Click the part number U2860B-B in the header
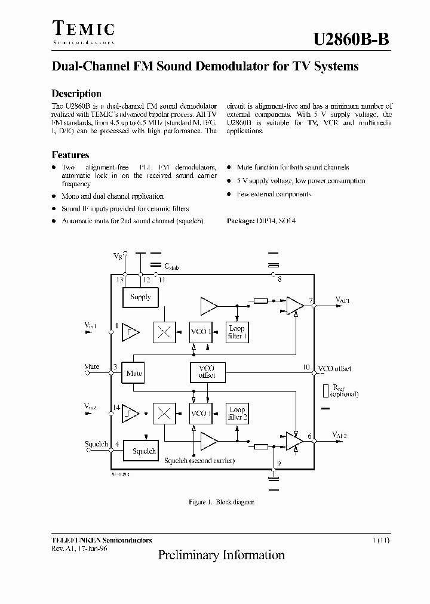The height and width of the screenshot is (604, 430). [x=351, y=39]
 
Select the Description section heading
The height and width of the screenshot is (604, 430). [x=76, y=94]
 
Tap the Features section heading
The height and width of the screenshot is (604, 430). [x=70, y=155]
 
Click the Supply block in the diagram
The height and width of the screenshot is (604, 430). [x=140, y=297]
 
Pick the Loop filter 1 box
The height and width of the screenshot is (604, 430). [x=236, y=332]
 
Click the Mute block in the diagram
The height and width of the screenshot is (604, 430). [x=134, y=374]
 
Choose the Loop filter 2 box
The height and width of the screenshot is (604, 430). [x=236, y=413]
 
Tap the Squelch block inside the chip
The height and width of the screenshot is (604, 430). [x=143, y=451]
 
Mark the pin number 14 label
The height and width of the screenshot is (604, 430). [x=117, y=408]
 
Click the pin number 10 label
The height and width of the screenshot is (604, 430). [x=306, y=368]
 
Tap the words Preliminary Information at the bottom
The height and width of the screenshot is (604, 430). [x=221, y=555]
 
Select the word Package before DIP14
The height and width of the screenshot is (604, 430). [x=241, y=221]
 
